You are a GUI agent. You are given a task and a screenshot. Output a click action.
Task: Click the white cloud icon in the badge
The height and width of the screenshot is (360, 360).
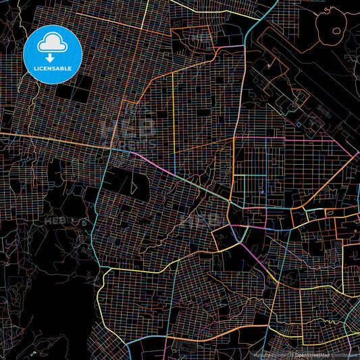(x=53, y=42)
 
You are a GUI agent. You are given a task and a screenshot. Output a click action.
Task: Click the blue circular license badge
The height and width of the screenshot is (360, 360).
(x=53, y=54)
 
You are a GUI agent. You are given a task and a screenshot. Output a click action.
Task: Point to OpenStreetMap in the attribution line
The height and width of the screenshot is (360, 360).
(x=311, y=355)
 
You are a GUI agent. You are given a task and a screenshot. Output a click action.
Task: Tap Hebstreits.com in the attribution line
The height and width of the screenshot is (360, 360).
(x=267, y=355)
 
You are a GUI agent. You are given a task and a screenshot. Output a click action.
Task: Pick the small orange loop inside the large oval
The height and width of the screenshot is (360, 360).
(x=336, y=30)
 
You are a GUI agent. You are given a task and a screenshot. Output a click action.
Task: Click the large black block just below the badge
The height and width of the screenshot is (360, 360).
(x=71, y=91)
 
